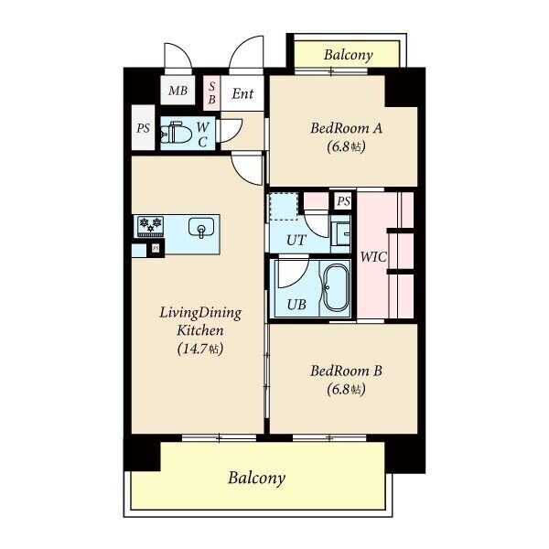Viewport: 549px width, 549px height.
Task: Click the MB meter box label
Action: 178,91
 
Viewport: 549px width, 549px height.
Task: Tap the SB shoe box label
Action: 212,93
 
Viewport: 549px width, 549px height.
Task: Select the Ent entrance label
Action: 242,93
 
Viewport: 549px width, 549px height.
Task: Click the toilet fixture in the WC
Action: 176,133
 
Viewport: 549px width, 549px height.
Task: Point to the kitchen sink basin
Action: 201,228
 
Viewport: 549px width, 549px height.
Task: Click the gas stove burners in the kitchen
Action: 151,226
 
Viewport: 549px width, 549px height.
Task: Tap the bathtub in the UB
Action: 336,288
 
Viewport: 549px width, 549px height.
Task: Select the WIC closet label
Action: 373,257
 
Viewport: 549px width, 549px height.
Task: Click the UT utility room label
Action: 296,240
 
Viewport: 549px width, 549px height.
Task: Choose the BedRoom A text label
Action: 346,128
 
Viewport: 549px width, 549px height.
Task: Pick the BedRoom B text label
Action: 346,371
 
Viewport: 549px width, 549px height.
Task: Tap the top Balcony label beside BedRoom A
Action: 348,55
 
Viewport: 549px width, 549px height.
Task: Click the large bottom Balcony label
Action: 256,478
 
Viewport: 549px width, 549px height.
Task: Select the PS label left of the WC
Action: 143,128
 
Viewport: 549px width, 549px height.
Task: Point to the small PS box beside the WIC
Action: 343,201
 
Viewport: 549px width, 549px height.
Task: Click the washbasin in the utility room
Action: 340,234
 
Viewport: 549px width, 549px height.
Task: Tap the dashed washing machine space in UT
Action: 284,206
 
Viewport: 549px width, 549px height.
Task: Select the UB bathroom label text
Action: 296,305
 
